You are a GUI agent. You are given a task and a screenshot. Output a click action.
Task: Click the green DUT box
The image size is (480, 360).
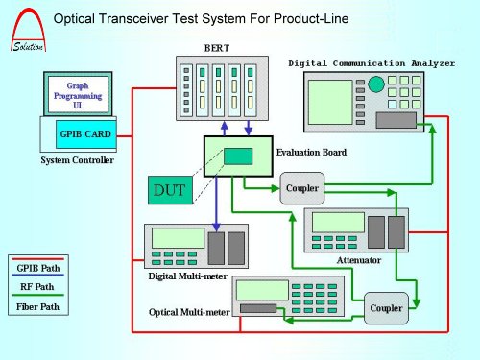170,190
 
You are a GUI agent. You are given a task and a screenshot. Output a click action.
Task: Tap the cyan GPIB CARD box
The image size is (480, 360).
85,134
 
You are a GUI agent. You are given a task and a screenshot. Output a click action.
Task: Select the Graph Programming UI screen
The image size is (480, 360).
78,94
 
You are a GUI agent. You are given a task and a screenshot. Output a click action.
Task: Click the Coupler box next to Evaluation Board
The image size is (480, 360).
302,188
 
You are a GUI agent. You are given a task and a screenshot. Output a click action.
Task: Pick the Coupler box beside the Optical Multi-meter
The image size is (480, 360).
386,308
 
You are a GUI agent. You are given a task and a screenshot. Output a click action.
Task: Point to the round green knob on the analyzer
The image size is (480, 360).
376,84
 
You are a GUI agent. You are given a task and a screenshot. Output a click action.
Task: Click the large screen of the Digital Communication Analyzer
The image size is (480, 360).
330,102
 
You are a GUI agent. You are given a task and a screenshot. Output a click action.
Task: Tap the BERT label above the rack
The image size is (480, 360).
217,48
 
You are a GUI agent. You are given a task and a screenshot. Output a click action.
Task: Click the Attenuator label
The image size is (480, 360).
359,260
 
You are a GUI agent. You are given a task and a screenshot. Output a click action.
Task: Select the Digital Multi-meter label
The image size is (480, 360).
188,276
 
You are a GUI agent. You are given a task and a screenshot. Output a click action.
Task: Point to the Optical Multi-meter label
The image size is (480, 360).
189,312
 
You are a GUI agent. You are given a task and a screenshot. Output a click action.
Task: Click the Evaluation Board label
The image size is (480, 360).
311,152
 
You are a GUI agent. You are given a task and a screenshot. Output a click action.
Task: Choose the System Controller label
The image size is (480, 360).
77,160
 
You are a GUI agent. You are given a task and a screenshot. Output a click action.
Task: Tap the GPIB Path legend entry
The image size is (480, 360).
38,268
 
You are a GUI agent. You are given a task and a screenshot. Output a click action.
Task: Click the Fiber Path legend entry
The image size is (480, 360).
37,306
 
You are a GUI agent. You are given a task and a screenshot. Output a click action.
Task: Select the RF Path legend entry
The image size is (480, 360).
37,286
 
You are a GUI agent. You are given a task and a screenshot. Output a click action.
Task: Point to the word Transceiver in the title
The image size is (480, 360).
133,18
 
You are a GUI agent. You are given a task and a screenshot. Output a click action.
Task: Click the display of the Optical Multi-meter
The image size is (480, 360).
262,290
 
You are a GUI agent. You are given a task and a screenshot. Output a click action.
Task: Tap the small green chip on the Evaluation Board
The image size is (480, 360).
238,156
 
